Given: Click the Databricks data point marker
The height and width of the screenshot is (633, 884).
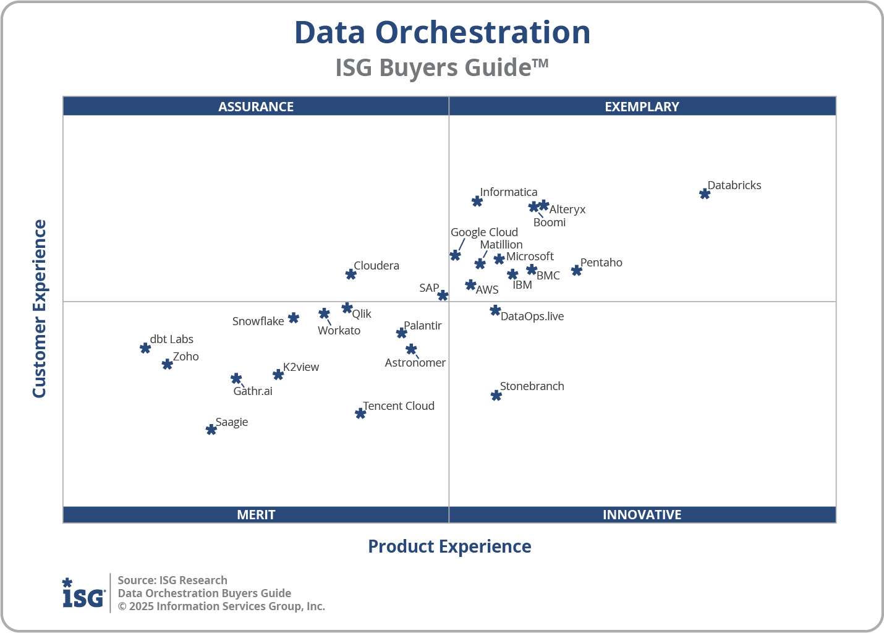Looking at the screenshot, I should pyautogui.click(x=704, y=193).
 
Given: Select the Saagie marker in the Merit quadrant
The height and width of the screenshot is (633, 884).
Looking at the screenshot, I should pyautogui.click(x=211, y=429).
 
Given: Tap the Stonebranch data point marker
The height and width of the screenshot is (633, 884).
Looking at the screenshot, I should pyautogui.click(x=496, y=395).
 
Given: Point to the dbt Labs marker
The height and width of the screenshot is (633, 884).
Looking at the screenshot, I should pyautogui.click(x=145, y=348).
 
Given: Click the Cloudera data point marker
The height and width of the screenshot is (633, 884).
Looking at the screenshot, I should pyautogui.click(x=351, y=274).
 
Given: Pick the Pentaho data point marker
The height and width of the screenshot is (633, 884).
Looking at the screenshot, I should pyautogui.click(x=576, y=270).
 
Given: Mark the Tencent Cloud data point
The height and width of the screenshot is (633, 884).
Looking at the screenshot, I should pyautogui.click(x=360, y=413).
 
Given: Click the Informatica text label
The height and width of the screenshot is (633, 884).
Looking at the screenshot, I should pyautogui.click(x=508, y=192).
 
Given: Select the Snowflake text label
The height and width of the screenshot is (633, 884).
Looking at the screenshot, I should pyautogui.click(x=258, y=321).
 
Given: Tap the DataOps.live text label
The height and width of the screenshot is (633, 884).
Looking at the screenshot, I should pyautogui.click(x=532, y=316).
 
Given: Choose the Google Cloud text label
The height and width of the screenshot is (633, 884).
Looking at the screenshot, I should pyautogui.click(x=484, y=232).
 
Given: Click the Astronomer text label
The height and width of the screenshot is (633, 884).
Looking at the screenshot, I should pyautogui.click(x=415, y=363).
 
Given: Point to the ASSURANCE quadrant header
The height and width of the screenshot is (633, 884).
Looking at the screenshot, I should pyautogui.click(x=256, y=106).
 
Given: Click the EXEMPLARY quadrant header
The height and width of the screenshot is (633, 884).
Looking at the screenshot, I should pyautogui.click(x=642, y=106).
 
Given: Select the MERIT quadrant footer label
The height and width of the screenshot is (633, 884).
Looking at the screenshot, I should pyautogui.click(x=256, y=514).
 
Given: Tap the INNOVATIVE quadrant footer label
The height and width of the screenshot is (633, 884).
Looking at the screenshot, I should pyautogui.click(x=642, y=514).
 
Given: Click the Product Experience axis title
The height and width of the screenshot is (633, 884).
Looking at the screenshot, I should pyautogui.click(x=449, y=546).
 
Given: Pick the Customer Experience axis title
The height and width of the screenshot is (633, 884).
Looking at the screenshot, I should pyautogui.click(x=40, y=308).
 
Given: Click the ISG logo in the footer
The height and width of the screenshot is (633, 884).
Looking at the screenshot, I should pyautogui.click(x=83, y=593).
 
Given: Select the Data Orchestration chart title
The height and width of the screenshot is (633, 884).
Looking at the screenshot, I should pyautogui.click(x=442, y=32).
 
